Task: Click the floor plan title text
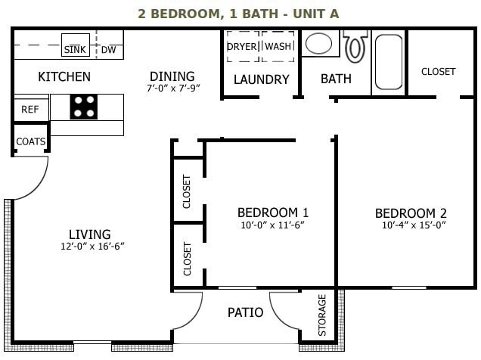pyautogui.click(x=238, y=14)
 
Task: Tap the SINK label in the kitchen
pyautogui.click(x=75, y=49)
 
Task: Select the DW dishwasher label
pyautogui.click(x=109, y=50)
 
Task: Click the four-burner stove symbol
pyautogui.click(x=84, y=107)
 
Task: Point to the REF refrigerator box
pyautogui.click(x=29, y=110)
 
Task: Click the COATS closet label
pyautogui.click(x=30, y=141)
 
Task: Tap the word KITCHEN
pyautogui.click(x=64, y=76)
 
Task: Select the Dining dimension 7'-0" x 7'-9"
pyautogui.click(x=172, y=88)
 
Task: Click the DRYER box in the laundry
pyautogui.click(x=242, y=46)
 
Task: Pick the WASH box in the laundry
pyautogui.click(x=278, y=46)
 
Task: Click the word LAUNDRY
pyautogui.click(x=261, y=79)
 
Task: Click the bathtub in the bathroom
pyautogui.click(x=389, y=63)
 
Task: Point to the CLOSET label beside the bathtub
pyautogui.click(x=438, y=72)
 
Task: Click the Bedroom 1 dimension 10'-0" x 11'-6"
pyautogui.click(x=272, y=225)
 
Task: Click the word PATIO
pyautogui.click(x=245, y=312)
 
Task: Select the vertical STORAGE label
pyautogui.click(x=322, y=315)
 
